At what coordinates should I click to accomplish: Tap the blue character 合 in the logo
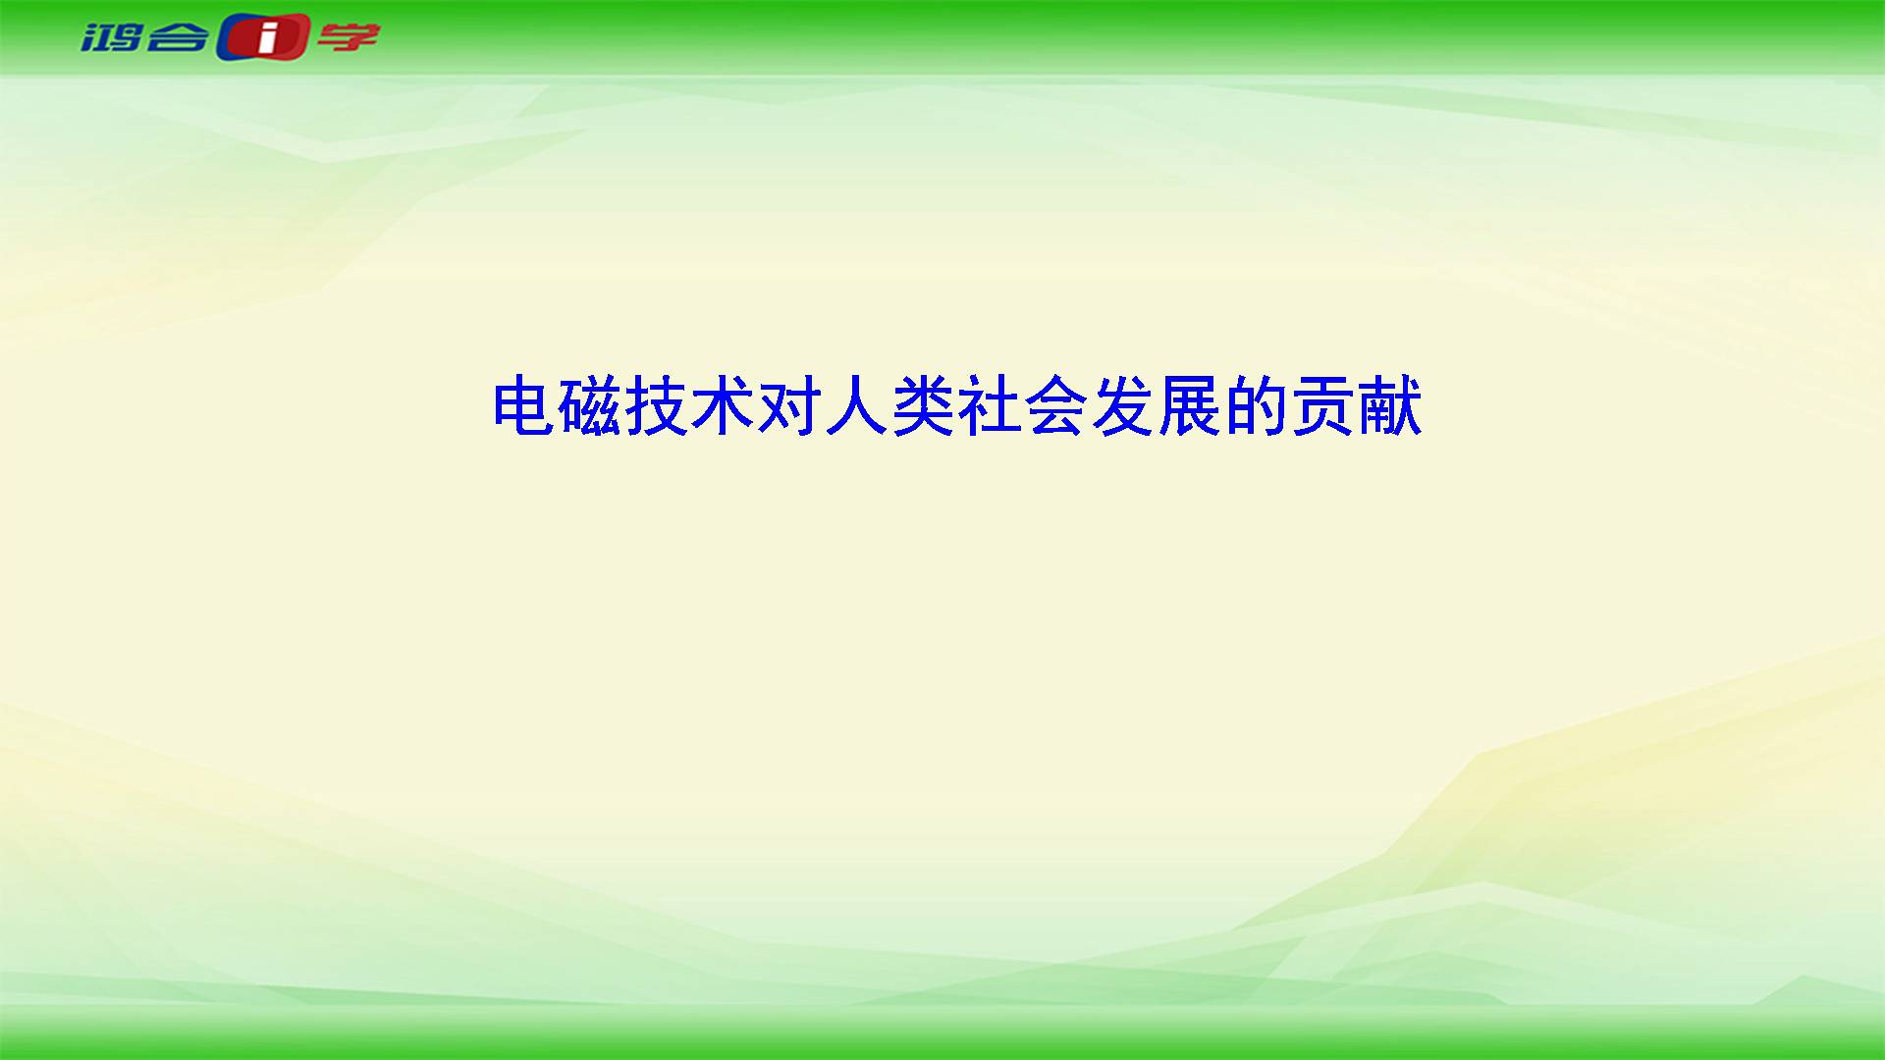pos(179,37)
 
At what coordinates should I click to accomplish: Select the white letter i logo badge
pos(263,38)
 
